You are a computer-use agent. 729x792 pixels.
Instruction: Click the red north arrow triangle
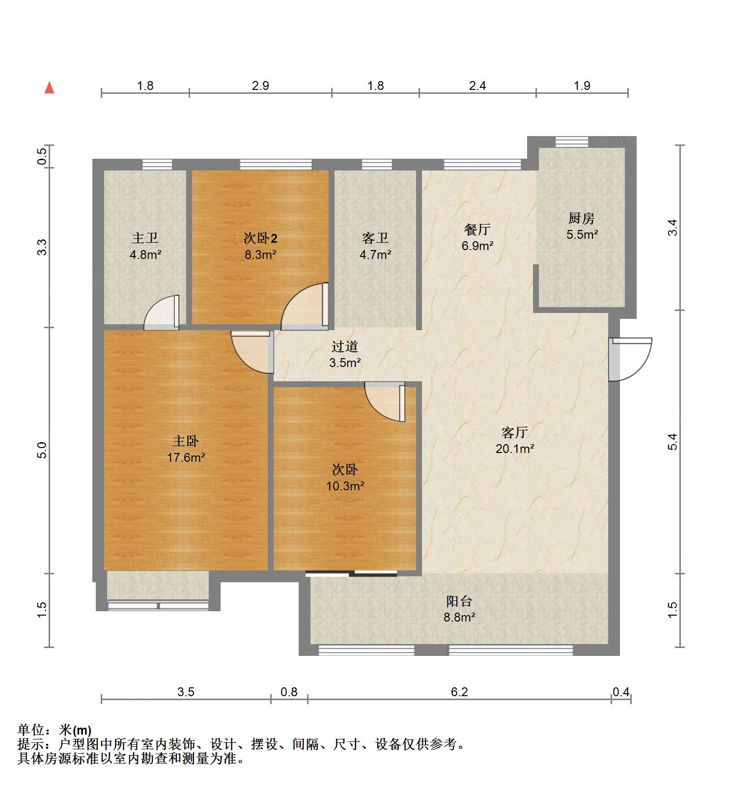click(x=49, y=87)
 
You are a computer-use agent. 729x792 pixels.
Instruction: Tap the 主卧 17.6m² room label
click(x=186, y=449)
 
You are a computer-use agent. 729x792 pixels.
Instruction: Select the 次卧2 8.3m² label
click(x=260, y=246)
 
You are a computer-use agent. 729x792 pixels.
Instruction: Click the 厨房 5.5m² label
click(x=582, y=226)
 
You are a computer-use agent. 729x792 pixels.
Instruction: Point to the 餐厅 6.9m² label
click(x=477, y=237)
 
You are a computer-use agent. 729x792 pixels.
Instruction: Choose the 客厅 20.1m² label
click(x=514, y=440)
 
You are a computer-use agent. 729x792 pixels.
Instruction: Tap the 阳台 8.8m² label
click(x=459, y=609)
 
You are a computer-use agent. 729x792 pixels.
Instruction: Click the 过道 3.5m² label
click(x=345, y=354)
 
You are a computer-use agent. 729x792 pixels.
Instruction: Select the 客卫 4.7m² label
click(x=375, y=246)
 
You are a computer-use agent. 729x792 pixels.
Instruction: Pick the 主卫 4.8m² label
click(x=145, y=246)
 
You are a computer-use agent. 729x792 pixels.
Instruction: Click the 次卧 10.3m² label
click(x=345, y=478)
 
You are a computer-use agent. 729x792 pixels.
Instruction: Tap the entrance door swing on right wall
click(x=630, y=359)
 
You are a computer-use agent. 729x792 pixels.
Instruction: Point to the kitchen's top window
click(x=571, y=141)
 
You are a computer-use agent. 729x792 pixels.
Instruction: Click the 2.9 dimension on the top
click(x=260, y=85)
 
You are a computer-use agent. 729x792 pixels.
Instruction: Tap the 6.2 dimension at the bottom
click(x=459, y=692)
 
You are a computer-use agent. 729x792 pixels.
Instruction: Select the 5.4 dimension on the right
click(x=673, y=441)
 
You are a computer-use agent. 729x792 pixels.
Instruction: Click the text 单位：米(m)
click(x=55, y=730)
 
